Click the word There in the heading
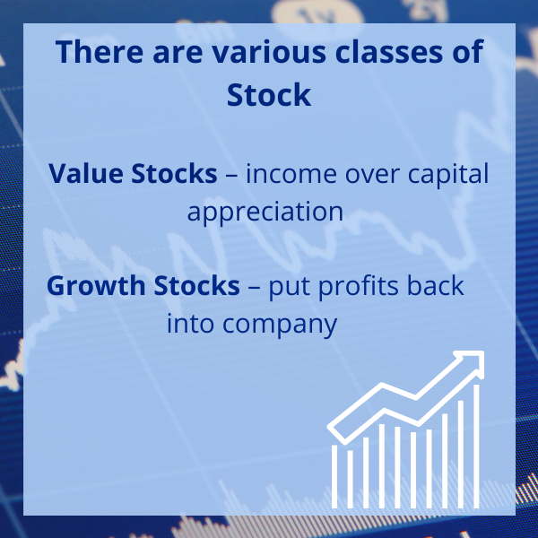100,51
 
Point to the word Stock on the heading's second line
269,94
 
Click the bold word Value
86,173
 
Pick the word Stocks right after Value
174,172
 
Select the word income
291,173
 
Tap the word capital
448,174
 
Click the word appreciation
265,212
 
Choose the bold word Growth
96,285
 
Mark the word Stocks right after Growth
197,285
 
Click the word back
436,285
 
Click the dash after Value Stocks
231,175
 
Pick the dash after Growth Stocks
254,287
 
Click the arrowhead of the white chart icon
471,364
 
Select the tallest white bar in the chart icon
476,446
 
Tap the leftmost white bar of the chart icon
334,476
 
